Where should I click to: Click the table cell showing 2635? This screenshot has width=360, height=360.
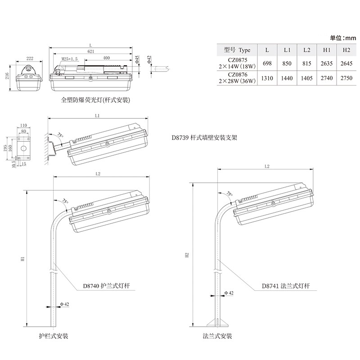[x=327, y=64]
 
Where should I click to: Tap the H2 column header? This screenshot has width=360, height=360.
[x=346, y=50]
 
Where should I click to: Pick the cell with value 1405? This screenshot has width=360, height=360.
[x=307, y=78]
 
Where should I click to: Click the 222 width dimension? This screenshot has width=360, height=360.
[x=30, y=58]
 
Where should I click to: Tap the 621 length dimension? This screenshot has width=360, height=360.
[x=91, y=52]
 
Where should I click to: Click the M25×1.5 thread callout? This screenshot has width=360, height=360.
[x=69, y=59]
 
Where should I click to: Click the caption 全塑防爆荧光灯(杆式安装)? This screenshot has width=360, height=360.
[x=95, y=100]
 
